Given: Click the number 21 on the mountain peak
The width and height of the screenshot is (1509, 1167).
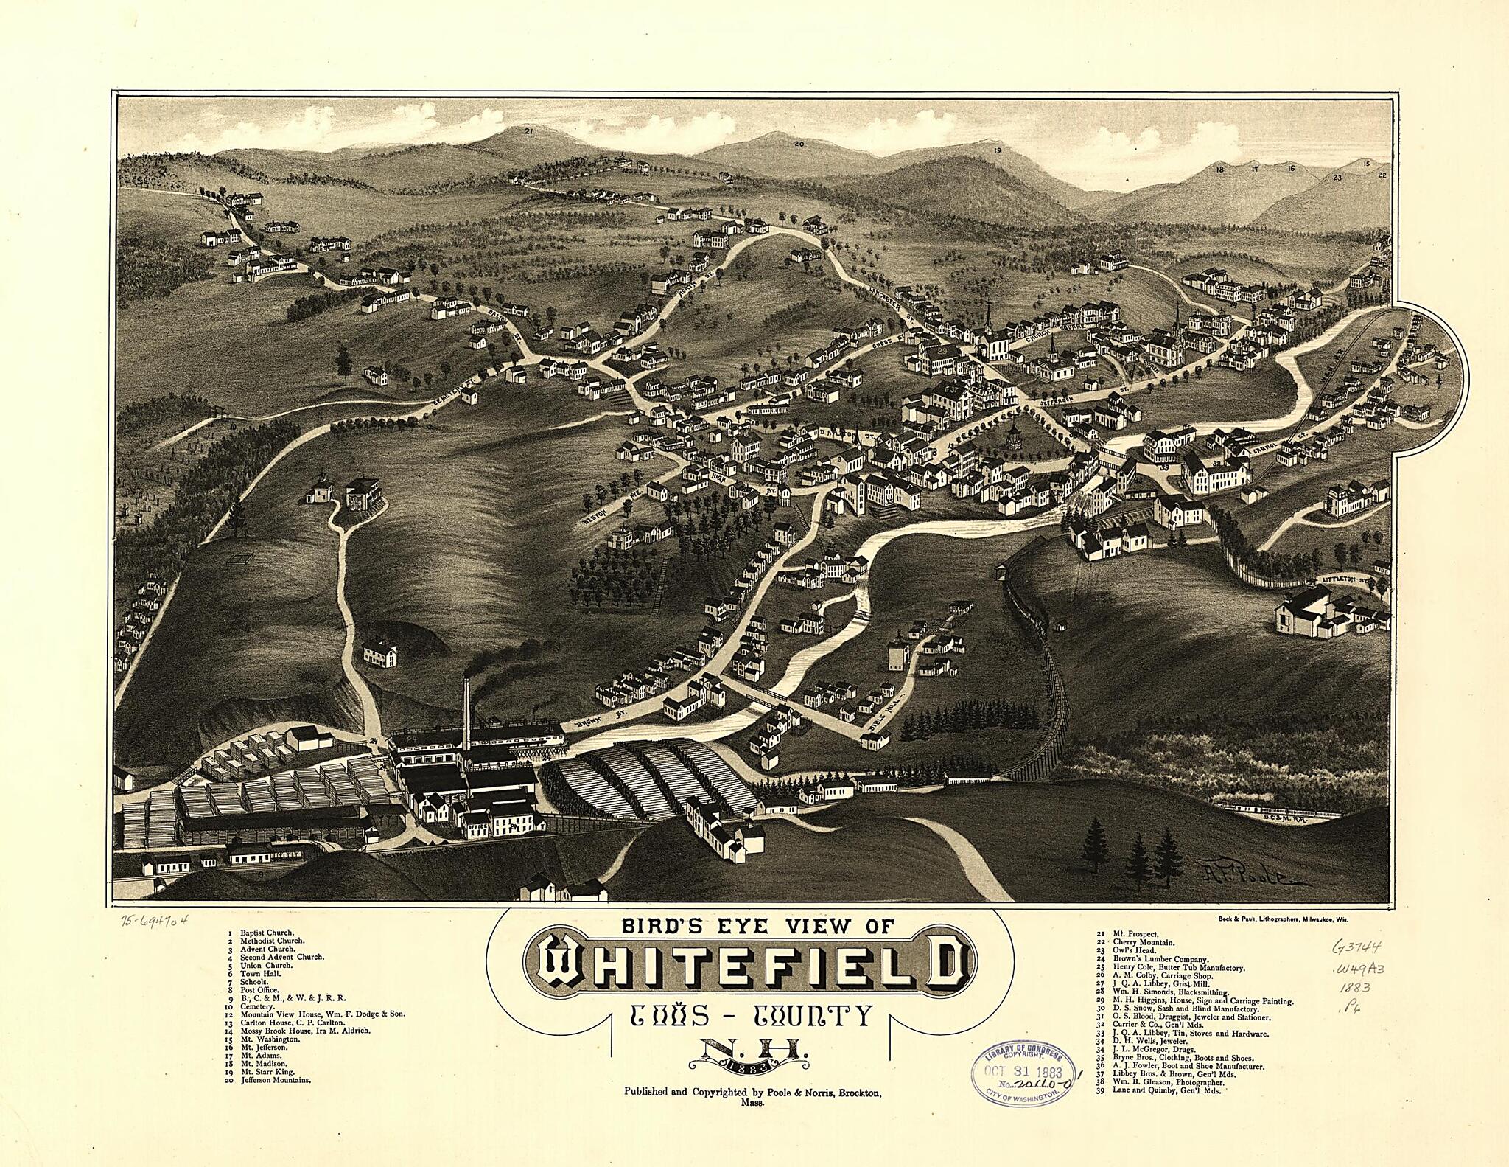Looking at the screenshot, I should (528, 130).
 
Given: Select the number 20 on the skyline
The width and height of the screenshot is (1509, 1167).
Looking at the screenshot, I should (798, 144).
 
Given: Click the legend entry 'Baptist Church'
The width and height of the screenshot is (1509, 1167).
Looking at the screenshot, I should (266, 933).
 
